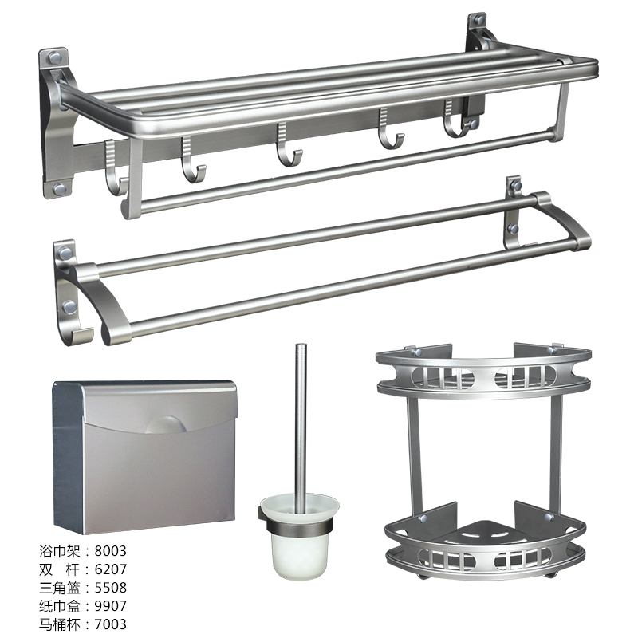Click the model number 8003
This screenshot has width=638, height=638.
110,551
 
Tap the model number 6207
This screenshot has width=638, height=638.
110,569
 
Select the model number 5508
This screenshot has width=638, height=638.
110,588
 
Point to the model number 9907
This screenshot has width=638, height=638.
110,606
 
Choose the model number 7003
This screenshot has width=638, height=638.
110,624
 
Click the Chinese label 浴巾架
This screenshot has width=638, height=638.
59,551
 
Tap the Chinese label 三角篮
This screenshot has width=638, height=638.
59,588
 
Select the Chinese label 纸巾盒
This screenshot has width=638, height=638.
59,606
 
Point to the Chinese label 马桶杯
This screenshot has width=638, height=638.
59,624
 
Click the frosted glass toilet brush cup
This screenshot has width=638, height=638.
299,537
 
